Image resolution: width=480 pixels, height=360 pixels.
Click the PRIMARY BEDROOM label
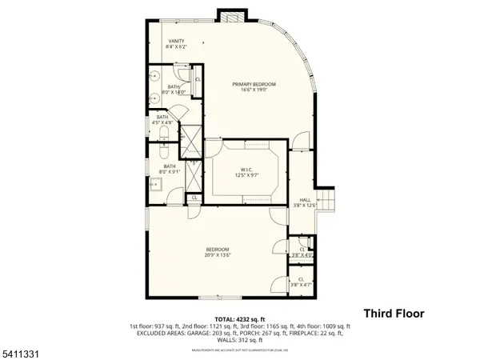[x=254, y=87]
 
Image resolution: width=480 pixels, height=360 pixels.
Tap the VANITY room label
[x=176, y=45]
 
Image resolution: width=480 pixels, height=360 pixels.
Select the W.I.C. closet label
[x=243, y=171]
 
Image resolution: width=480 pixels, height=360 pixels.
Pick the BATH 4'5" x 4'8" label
[x=162, y=121]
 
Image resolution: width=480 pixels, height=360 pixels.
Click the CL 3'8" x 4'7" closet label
[x=302, y=281]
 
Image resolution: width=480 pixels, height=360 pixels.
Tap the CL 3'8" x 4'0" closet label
[x=302, y=252]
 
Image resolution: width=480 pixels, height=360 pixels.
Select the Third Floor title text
[x=394, y=314]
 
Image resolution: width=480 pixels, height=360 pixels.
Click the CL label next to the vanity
[x=198, y=79]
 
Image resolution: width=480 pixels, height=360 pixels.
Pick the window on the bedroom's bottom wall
[x=217, y=297]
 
